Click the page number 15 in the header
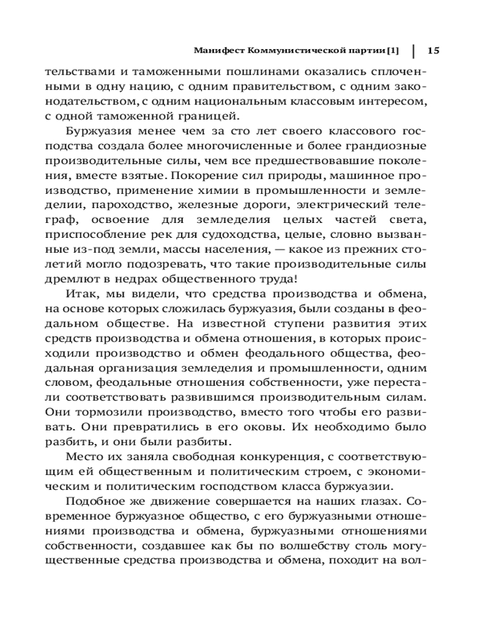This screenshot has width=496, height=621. [433, 50]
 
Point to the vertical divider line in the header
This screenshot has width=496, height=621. [413, 50]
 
